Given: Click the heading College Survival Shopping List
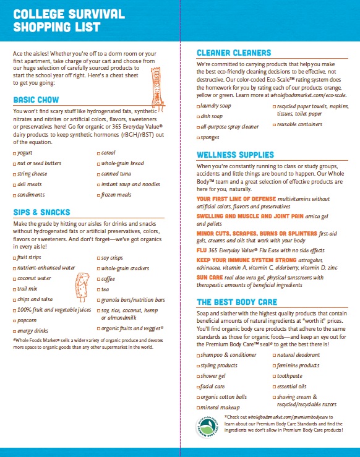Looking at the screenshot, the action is click(x=69, y=20).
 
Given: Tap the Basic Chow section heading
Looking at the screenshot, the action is click(x=36, y=100).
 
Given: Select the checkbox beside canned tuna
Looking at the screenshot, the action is click(x=99, y=174).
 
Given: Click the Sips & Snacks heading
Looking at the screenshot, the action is click(x=41, y=212).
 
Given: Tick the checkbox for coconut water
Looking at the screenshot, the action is click(x=15, y=278).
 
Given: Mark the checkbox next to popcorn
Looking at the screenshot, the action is click(x=15, y=321).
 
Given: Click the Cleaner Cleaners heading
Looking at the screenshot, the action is click(x=233, y=53).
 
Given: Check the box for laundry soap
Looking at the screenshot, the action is click(x=199, y=106).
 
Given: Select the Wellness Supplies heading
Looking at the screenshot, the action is click(x=235, y=155).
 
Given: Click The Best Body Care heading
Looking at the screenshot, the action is click(x=237, y=302).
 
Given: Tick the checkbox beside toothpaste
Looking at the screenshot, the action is click(x=274, y=375).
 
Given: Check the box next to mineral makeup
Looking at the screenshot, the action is click(x=199, y=408).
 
